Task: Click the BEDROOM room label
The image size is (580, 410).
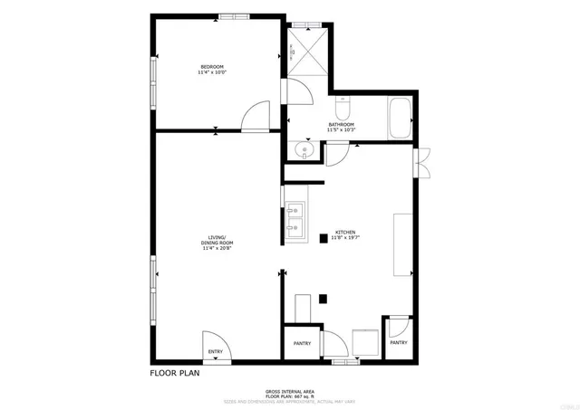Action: point(212,67)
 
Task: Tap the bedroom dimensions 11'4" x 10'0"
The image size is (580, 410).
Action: point(212,72)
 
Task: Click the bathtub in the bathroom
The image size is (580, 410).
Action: point(400,119)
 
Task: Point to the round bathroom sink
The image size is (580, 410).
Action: point(304,149)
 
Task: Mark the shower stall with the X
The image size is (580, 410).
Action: point(308,52)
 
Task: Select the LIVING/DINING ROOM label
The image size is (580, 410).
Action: point(217,243)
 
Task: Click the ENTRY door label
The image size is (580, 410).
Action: point(216,351)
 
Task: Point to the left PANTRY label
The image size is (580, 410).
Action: point(302,343)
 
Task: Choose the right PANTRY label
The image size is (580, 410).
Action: point(399,342)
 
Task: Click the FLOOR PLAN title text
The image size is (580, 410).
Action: point(174,371)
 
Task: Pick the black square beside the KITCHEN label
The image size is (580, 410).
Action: point(322,239)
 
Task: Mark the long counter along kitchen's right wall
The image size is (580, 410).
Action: point(402,243)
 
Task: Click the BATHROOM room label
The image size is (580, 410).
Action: point(341,125)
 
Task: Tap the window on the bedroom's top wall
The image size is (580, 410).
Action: point(234,16)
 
